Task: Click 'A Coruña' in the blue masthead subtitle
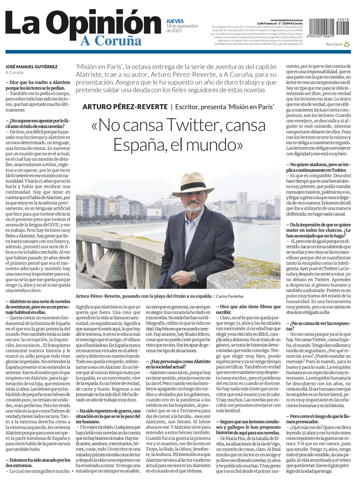click(111, 41)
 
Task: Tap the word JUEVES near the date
click(175, 21)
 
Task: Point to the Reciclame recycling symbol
click(347, 45)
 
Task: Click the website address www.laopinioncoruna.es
click(286, 20)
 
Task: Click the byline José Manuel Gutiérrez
click(31, 67)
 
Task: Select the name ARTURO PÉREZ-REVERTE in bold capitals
click(125, 107)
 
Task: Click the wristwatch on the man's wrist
click(194, 276)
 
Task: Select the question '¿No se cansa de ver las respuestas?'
click(318, 326)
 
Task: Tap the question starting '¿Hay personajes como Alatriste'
click(178, 364)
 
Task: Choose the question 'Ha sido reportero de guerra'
click(108, 416)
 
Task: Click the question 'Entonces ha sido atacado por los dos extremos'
click(38, 463)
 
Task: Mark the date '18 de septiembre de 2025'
click(182, 28)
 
